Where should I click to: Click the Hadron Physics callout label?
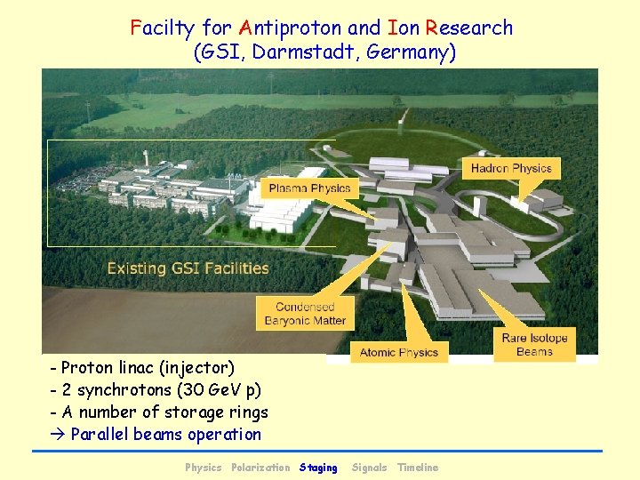[511, 168]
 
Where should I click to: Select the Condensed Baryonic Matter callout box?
[305, 314]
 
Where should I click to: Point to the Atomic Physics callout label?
[399, 352]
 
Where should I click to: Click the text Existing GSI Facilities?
[188, 268]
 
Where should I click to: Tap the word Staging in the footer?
[318, 468]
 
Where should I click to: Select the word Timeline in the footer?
[418, 468]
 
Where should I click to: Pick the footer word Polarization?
[260, 468]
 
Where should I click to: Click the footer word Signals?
[369, 468]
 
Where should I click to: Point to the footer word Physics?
[204, 468]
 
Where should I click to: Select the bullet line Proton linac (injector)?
[142, 367]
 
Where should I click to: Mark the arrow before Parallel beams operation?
[59, 435]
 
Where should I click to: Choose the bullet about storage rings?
[160, 412]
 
